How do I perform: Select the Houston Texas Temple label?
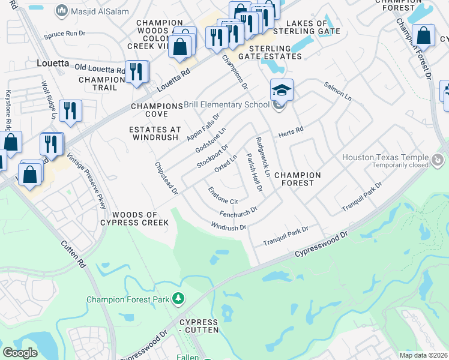(387, 157)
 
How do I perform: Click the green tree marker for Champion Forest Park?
(178, 298)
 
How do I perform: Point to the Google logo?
(20, 353)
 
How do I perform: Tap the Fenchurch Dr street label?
(238, 211)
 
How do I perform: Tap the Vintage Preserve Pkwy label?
(86, 181)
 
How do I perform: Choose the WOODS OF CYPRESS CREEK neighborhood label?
(134, 218)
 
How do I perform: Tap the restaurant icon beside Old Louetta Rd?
(137, 72)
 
